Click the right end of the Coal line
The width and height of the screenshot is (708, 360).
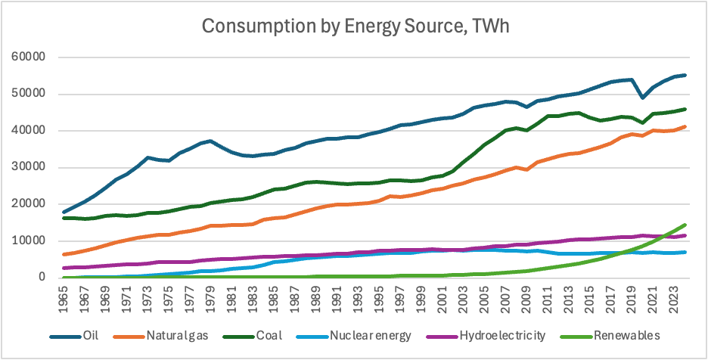tap(685, 109)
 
